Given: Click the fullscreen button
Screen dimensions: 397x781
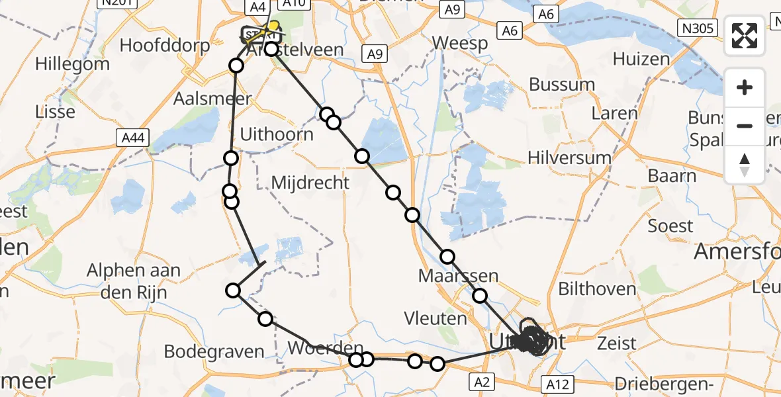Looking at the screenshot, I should [x=745, y=36].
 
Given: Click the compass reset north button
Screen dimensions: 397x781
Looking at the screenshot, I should [x=745, y=165].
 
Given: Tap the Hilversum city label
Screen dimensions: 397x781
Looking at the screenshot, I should [x=570, y=157].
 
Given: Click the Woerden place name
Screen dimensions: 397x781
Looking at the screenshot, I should [x=326, y=348].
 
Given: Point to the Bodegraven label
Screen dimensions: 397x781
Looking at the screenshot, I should [x=214, y=351].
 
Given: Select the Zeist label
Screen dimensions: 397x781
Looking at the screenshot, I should [x=616, y=343].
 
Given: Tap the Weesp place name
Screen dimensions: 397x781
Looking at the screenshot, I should [x=460, y=43].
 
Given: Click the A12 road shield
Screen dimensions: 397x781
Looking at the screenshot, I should [x=555, y=384].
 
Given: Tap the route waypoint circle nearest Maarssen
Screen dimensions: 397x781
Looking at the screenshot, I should [x=448, y=257].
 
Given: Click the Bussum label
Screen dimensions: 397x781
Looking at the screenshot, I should [x=562, y=85].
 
